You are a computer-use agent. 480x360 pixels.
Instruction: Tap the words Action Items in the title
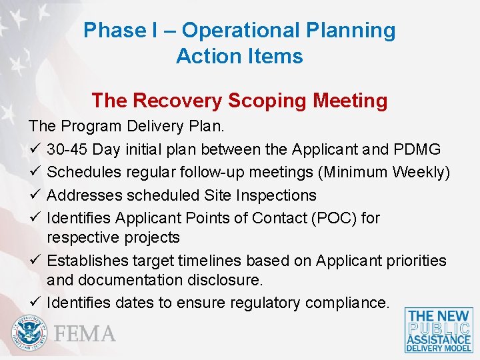(x=239, y=56)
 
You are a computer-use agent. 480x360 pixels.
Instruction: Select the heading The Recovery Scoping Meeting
(x=239, y=101)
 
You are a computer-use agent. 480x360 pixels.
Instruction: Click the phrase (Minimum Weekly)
(x=385, y=172)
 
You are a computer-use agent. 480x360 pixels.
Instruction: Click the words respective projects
(x=113, y=237)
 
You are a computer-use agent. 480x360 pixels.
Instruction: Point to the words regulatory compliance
(x=309, y=303)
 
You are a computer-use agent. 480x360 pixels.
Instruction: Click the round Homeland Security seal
(x=29, y=333)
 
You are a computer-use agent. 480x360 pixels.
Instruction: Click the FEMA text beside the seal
(x=85, y=333)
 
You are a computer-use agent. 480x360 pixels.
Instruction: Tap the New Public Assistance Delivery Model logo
(x=439, y=330)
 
